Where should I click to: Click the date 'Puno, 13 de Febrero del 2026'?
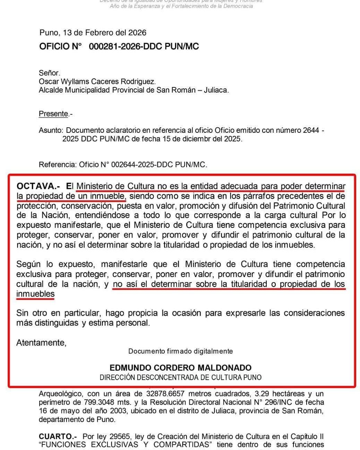click(93, 33)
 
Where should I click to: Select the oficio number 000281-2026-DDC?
click(125, 47)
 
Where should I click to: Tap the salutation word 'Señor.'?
click(49, 73)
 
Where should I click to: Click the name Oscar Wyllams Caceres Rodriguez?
click(97, 82)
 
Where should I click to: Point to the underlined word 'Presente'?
click(53, 114)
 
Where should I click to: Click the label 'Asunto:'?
click(51, 131)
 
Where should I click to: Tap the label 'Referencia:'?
click(57, 165)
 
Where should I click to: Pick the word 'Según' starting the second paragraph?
click(26, 265)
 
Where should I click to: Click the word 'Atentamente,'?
click(41, 343)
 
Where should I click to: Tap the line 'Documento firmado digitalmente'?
click(180, 351)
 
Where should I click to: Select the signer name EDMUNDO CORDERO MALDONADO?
click(180, 367)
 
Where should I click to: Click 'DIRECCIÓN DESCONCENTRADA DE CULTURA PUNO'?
click(180, 377)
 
